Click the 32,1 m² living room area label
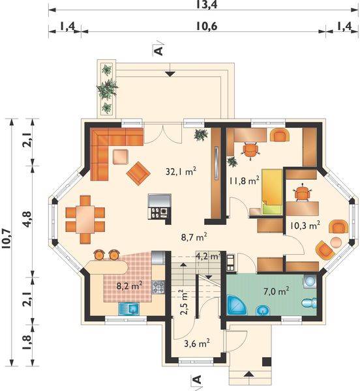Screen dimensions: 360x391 tap(181, 171)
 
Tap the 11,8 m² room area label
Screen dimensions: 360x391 tap(245, 181)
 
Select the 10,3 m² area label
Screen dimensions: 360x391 tap(305, 225)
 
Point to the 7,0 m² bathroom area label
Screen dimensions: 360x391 tap(277, 291)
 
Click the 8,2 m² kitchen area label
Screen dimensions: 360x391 tap(130, 285)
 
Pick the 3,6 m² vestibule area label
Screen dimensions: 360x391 tap(197, 343)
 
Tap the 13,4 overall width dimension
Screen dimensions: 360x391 tap(206, 5)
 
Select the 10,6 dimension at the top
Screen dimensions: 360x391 tap(206, 26)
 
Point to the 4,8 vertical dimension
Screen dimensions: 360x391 tap(27, 220)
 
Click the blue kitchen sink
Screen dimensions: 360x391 tap(128, 309)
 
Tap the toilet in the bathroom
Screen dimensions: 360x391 tap(309, 303)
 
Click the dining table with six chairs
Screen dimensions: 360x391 tap(85, 220)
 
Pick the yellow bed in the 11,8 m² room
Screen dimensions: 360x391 tap(272, 192)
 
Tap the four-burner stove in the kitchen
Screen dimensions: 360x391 tap(158, 287)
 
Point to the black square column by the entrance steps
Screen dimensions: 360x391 tap(267, 362)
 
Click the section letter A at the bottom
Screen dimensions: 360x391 tap(197, 379)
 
